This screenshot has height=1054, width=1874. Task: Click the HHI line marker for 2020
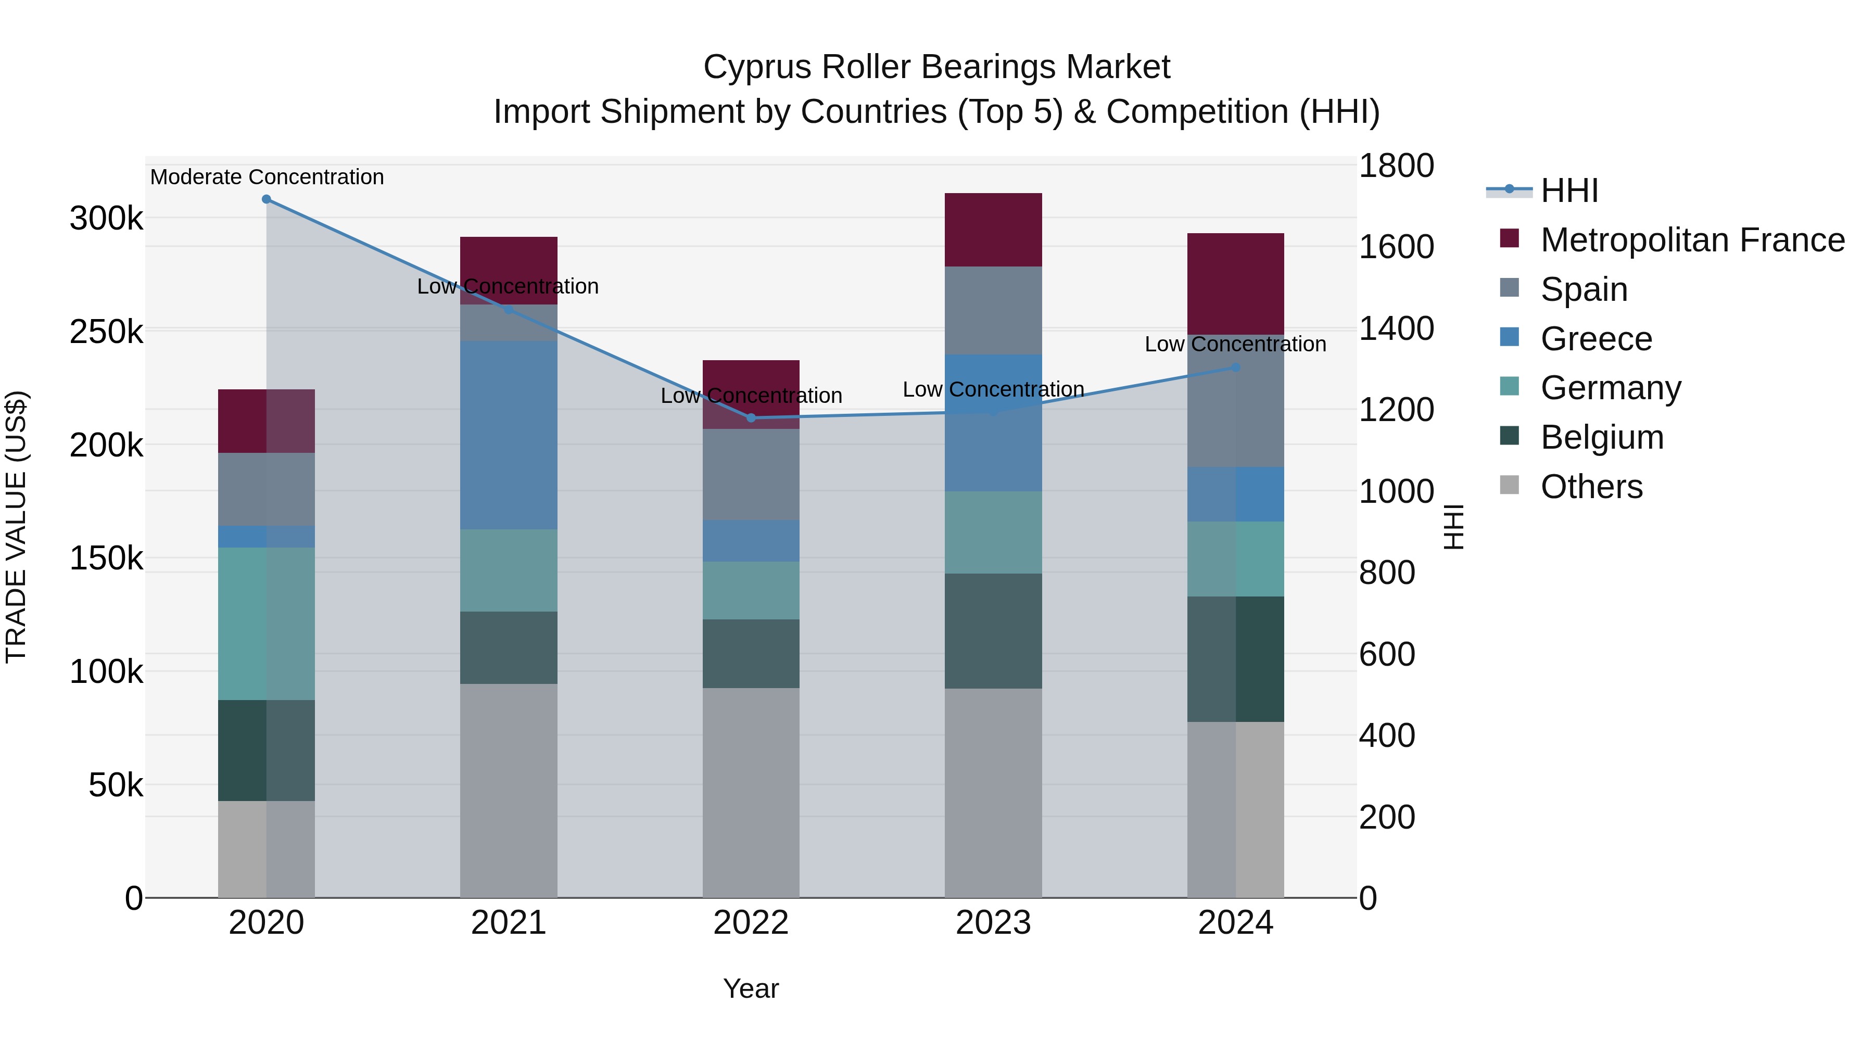coord(266,199)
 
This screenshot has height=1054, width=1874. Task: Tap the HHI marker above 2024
coord(1235,368)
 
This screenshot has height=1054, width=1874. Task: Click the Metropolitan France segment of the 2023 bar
coord(993,230)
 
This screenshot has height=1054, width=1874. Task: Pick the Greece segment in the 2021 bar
coord(509,435)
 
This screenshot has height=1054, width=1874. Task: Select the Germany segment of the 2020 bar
coord(266,624)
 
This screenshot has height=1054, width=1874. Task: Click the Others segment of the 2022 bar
coord(751,792)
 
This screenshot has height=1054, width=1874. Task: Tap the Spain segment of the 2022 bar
coord(751,474)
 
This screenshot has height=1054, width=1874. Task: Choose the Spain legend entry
coord(1584,289)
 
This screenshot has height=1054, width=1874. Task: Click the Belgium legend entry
coord(1602,438)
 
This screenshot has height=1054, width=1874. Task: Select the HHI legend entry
coord(1569,191)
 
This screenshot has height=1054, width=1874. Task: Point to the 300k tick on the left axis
coord(106,218)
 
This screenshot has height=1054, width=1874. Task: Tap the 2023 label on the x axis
coord(993,923)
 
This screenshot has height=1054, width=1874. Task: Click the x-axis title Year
coord(751,988)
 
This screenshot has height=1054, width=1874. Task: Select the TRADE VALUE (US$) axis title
coord(17,527)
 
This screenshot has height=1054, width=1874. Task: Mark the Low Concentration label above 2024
coord(1235,344)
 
